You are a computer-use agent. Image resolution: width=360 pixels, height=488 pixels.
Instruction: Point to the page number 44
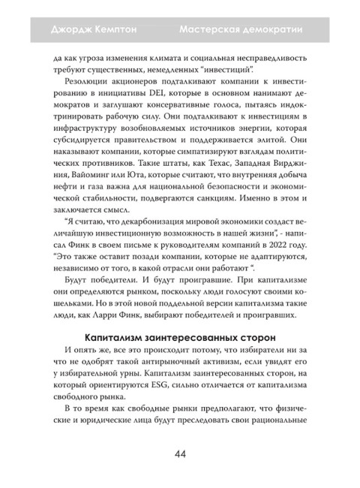click(180, 453)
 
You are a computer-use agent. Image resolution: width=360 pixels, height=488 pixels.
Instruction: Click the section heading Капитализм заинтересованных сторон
click(179, 334)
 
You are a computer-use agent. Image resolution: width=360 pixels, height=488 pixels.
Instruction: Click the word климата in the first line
click(182, 57)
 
